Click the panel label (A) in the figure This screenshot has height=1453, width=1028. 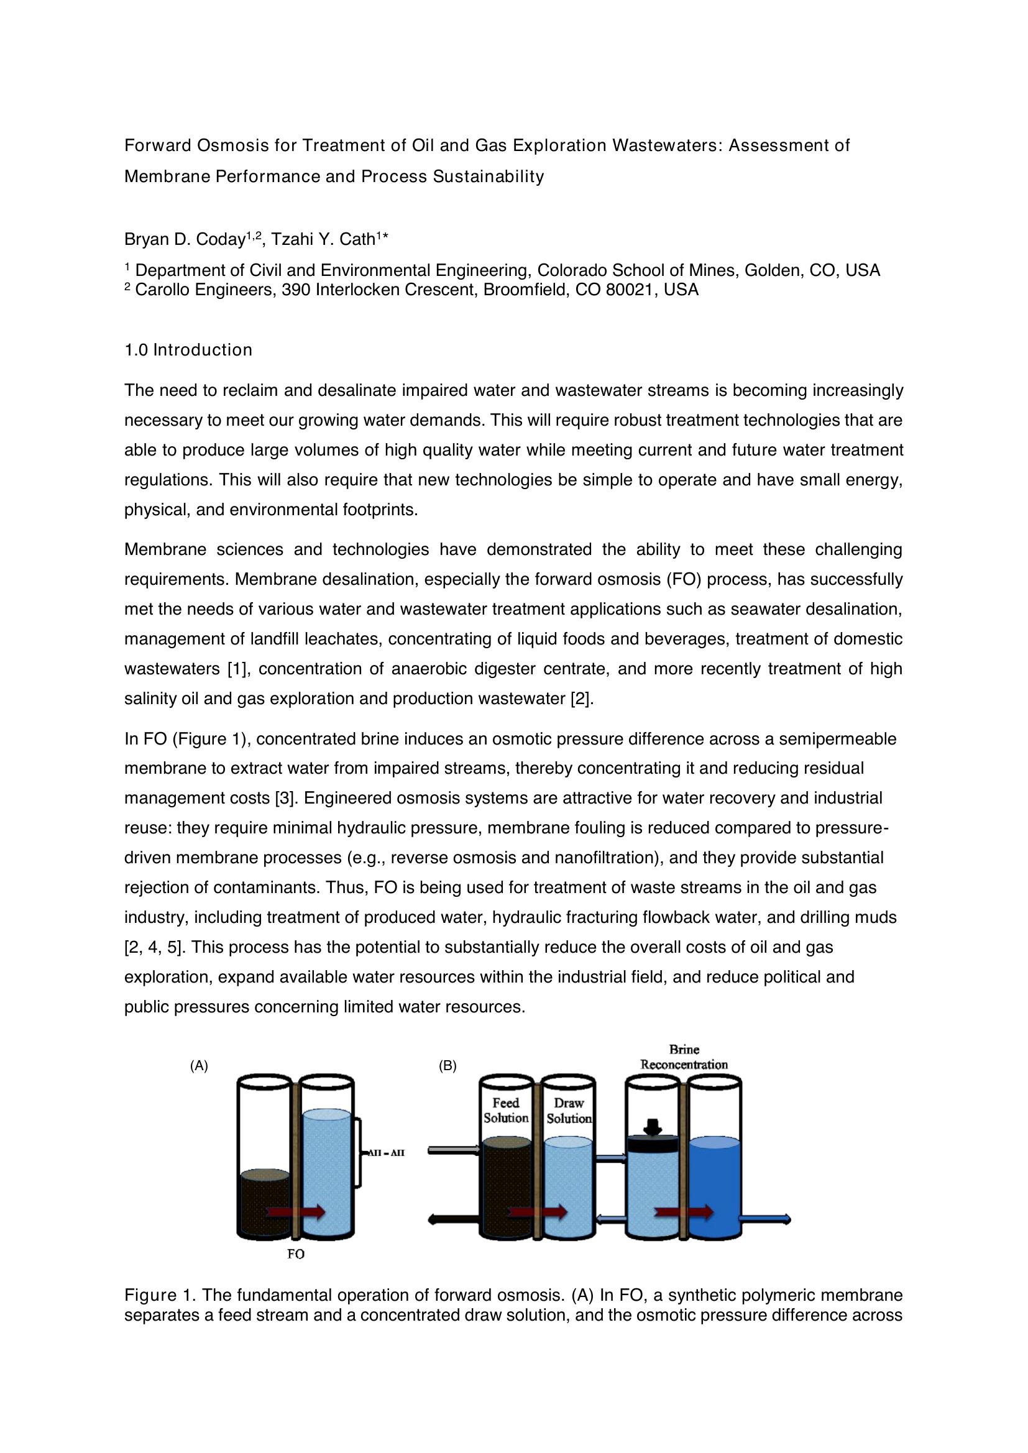[x=199, y=1066]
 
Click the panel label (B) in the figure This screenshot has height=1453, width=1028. [x=447, y=1066]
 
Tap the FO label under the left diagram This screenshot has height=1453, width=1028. [x=296, y=1254]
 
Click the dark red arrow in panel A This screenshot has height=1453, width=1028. [x=296, y=1212]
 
